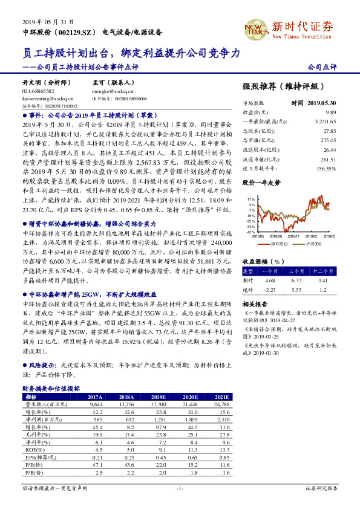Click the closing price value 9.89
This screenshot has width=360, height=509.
pos(330,112)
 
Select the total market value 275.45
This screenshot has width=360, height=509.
pos(329,139)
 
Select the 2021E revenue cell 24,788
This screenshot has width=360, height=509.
pos(222,403)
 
